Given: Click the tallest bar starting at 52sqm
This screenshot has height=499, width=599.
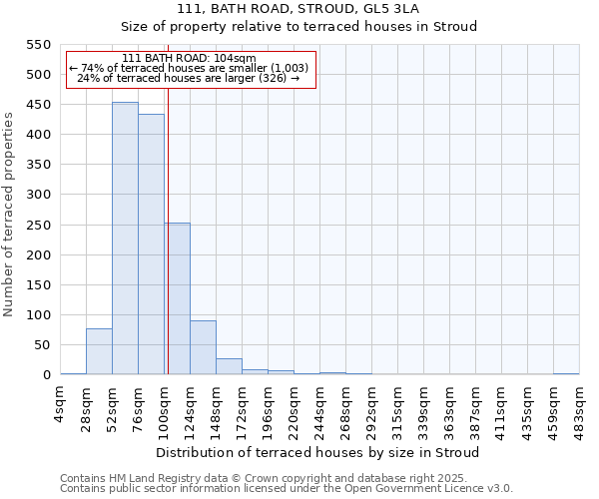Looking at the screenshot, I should pyautogui.click(x=125, y=239).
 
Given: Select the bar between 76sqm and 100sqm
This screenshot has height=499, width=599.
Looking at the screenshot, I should pyautogui.click(x=151, y=245).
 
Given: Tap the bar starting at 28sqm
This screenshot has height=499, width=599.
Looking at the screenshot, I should pyautogui.click(x=99, y=351).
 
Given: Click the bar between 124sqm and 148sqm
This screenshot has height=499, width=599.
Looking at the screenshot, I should pyautogui.click(x=203, y=347).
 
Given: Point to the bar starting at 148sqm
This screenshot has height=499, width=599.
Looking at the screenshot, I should pyautogui.click(x=229, y=366).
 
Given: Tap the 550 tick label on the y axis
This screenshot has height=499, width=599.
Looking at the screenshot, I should pyautogui.click(x=38, y=45).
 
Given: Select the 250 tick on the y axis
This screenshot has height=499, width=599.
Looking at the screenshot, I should pyautogui.click(x=38, y=225).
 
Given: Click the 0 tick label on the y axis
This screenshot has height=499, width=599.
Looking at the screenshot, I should pyautogui.click(x=46, y=375).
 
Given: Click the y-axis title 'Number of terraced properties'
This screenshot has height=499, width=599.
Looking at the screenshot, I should pyautogui.click(x=9, y=214).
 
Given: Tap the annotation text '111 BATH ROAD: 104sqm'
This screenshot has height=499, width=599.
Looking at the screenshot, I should pyautogui.click(x=190, y=58).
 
